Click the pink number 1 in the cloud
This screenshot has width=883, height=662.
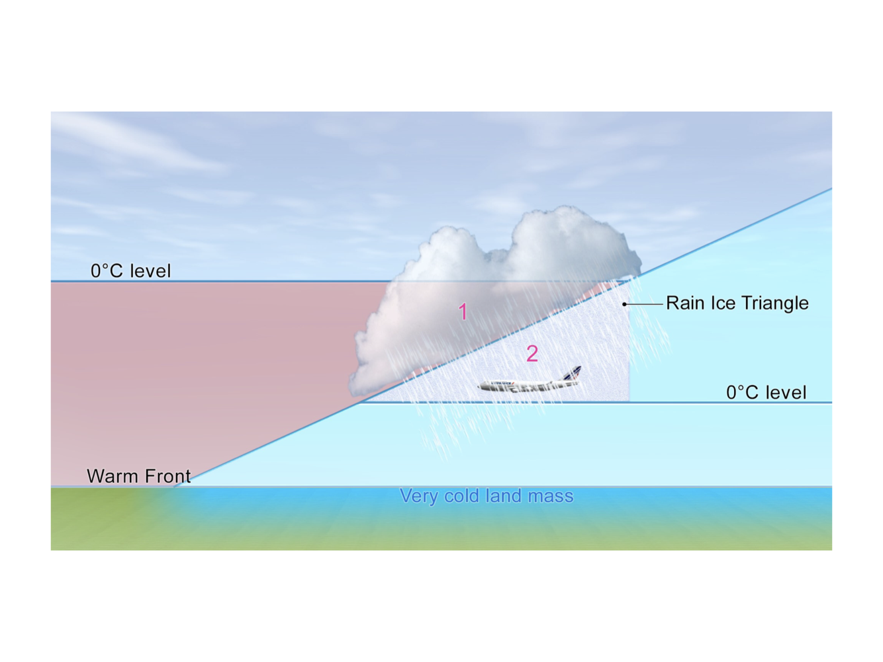click(x=463, y=311)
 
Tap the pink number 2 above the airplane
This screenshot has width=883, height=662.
click(x=532, y=354)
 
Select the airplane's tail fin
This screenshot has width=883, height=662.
click(x=573, y=374)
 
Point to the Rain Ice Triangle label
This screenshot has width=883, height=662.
click(x=737, y=303)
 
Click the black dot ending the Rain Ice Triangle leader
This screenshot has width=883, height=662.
click(x=624, y=304)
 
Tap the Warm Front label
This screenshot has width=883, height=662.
click(x=138, y=476)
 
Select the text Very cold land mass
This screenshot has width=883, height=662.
click(x=487, y=496)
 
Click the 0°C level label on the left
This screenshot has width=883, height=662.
click(x=130, y=270)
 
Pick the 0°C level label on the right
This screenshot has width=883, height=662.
click(x=766, y=392)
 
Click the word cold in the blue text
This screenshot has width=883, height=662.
click(x=461, y=496)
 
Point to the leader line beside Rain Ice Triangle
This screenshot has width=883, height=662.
click(x=644, y=304)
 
